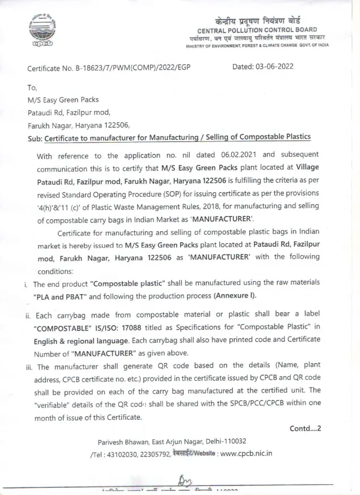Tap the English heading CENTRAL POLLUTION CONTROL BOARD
point(257,29)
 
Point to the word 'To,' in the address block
point(32,88)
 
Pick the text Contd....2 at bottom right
point(305,428)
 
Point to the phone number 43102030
point(122,453)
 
